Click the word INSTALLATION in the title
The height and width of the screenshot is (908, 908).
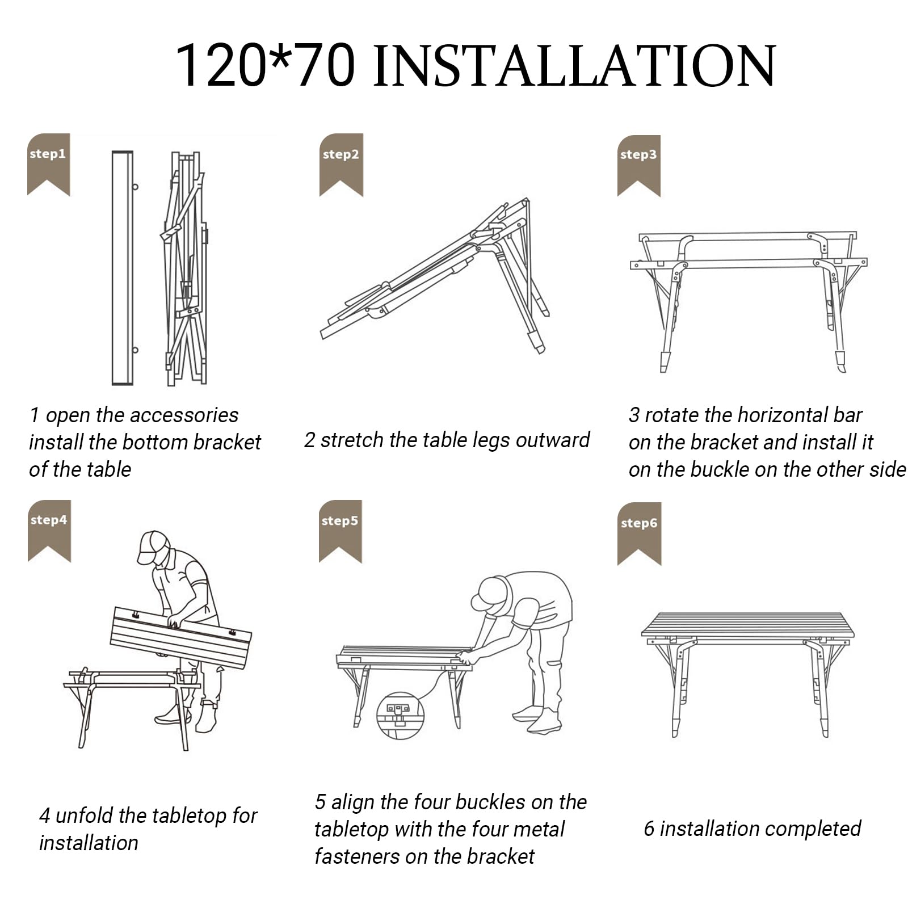click(574, 65)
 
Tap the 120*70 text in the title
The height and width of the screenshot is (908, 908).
click(265, 65)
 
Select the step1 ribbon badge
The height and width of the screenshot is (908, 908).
click(48, 165)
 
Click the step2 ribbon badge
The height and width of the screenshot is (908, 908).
click(341, 165)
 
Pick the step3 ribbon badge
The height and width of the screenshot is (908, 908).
click(639, 166)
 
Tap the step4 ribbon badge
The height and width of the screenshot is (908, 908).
click(49, 531)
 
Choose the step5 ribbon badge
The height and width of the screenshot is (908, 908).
click(340, 531)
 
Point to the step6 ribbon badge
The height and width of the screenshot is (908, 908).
click(640, 533)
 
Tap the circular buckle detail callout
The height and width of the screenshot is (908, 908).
click(400, 716)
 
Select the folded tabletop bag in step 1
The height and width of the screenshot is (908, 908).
click(123, 268)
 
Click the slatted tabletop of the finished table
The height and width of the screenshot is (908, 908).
click(748, 625)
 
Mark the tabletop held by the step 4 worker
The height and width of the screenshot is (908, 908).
click(180, 637)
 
